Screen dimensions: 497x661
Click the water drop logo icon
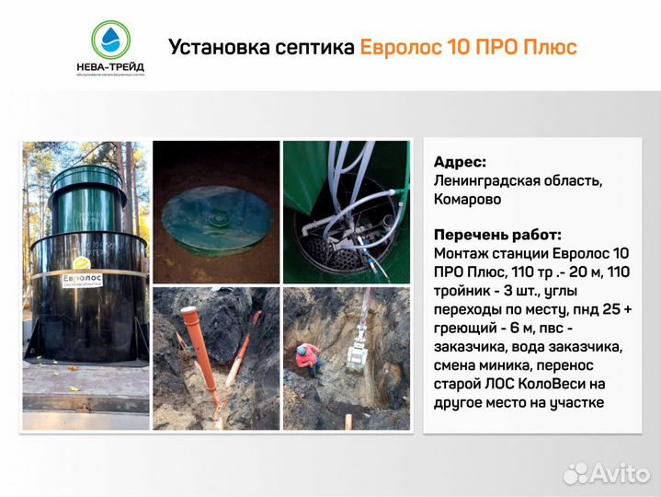pyautogui.click(x=111, y=38)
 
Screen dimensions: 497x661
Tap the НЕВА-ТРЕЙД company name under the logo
pyautogui.click(x=110, y=65)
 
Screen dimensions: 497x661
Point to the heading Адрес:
pyautogui.click(x=460, y=162)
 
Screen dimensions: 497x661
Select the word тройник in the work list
pyautogui.click(x=463, y=291)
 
